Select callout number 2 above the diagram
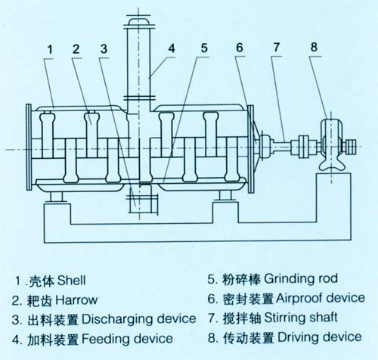click(x=76, y=49)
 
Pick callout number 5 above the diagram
click(x=204, y=49)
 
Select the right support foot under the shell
click(x=225, y=197)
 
